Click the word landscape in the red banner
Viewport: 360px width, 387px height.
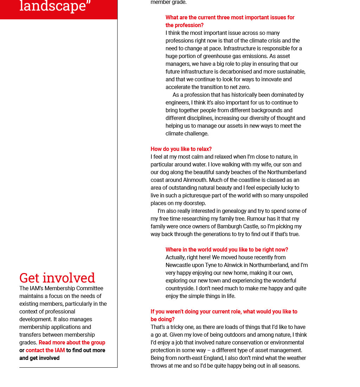coord(53,6)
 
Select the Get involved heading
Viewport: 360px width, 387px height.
coord(57,278)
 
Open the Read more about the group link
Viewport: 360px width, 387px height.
coord(72,342)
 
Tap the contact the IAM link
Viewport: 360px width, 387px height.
coord(45,350)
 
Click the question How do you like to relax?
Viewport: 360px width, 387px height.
coord(181,149)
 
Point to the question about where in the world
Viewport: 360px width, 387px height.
coord(227,249)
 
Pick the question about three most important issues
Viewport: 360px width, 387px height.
coord(230,21)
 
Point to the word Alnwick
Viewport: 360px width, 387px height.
coord(234,265)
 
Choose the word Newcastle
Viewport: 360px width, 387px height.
coord(179,265)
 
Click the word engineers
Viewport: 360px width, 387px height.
coord(178,102)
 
